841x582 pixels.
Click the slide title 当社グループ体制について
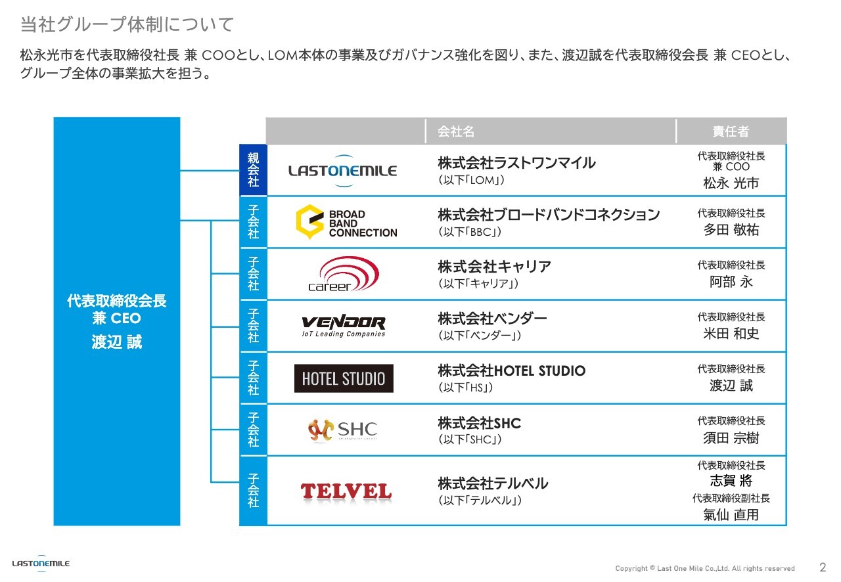(x=127, y=25)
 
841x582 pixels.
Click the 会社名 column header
(x=456, y=131)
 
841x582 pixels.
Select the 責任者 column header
(x=731, y=131)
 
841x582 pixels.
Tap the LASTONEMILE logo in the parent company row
(x=342, y=171)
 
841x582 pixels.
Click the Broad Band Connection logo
(x=346, y=223)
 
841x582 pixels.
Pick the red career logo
(x=343, y=275)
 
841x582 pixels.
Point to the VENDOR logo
(x=343, y=325)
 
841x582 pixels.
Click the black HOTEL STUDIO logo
(x=344, y=378)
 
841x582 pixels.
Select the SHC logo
(x=342, y=430)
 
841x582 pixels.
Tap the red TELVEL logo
(x=346, y=491)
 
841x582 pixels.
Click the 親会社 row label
(x=254, y=170)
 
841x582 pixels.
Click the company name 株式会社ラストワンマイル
(x=516, y=163)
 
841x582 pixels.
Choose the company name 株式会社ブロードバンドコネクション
(x=549, y=215)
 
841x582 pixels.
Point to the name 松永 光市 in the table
(x=731, y=183)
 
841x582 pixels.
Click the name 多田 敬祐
(x=731, y=230)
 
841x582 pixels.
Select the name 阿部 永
(x=731, y=282)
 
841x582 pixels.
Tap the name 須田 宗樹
(x=731, y=438)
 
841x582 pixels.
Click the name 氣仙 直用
(x=731, y=515)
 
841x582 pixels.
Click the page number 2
(x=823, y=567)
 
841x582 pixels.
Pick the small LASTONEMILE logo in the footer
(x=41, y=564)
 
